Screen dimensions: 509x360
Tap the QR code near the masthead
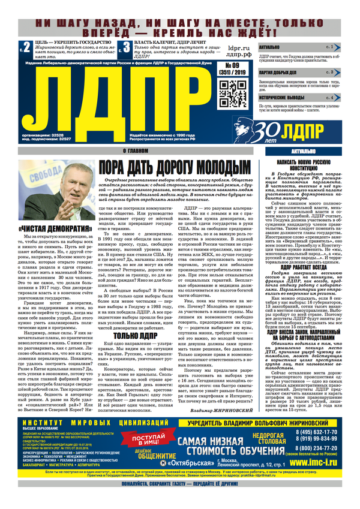[229, 90]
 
